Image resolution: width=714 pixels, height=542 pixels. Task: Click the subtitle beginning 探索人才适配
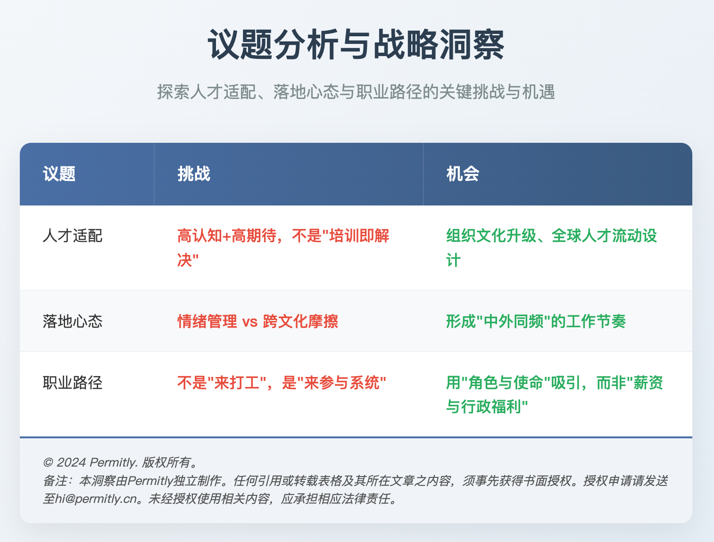(356, 92)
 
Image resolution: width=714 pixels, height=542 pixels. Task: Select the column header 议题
(59, 174)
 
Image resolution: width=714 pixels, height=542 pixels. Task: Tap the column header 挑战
(194, 174)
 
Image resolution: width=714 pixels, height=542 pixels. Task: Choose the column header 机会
(463, 174)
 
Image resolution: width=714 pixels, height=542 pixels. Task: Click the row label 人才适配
(73, 236)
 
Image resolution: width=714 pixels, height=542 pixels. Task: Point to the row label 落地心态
(73, 321)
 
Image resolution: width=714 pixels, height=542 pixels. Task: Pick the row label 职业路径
(73, 383)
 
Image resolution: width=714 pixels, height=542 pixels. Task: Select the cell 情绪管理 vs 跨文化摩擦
(257, 321)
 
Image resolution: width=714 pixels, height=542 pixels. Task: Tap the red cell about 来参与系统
(282, 383)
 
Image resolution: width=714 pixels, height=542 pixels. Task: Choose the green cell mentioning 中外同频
(536, 321)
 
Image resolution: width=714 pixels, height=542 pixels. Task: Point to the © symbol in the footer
(48, 462)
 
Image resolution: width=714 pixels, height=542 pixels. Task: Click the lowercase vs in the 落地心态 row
(250, 322)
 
